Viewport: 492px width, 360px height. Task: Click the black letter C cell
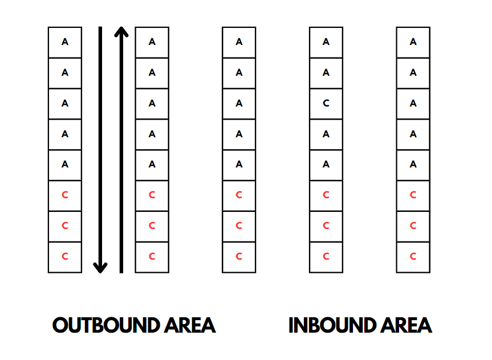[326, 104]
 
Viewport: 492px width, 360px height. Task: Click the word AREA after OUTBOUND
[189, 325]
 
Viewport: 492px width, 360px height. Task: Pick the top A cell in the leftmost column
[64, 42]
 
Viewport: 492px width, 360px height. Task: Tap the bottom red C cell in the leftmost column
[64, 257]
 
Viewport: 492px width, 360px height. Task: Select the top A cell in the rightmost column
[413, 42]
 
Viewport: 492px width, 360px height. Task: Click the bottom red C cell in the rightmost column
[413, 257]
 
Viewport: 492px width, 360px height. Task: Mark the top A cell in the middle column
[239, 42]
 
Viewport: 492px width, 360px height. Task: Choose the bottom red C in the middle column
[239, 257]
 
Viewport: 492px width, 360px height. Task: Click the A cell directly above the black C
[326, 73]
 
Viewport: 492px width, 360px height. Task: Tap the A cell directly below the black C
[326, 134]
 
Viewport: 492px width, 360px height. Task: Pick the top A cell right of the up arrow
[152, 42]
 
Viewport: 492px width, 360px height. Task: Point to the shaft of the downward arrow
[100, 142]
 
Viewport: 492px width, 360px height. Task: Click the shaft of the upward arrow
[121, 154]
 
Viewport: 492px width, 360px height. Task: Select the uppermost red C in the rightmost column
[413, 195]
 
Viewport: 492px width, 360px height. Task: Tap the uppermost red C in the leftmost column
[64, 195]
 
